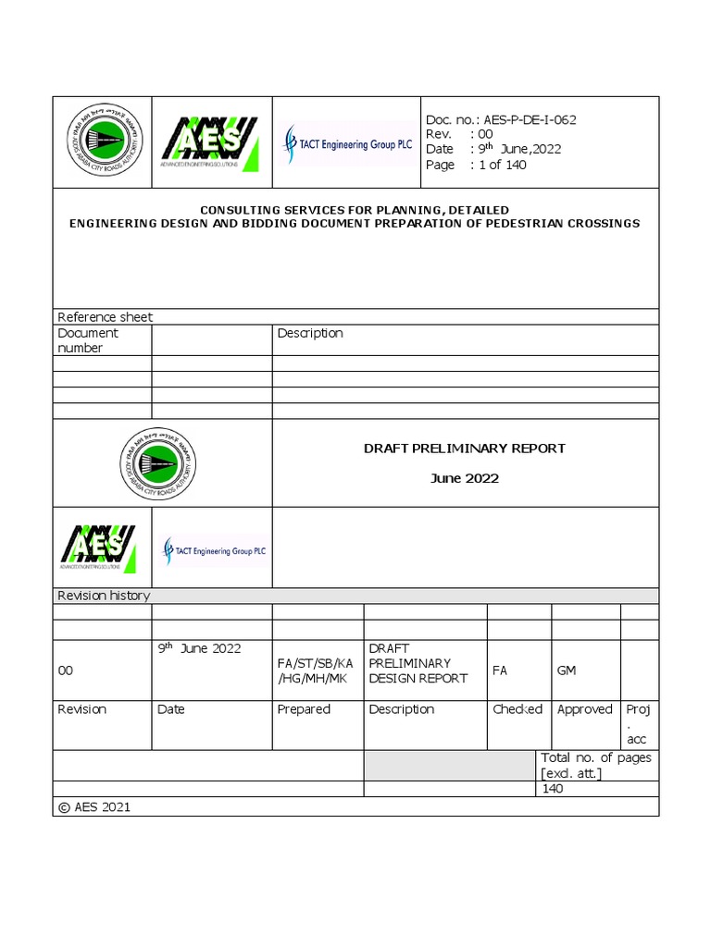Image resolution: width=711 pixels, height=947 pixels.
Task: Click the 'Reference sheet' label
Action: (x=105, y=317)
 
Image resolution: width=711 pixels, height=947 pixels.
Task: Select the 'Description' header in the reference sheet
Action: (x=310, y=333)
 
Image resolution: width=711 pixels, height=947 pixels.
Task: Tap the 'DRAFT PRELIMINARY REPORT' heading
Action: (x=464, y=449)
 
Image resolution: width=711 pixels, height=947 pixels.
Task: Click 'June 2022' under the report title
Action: (x=465, y=478)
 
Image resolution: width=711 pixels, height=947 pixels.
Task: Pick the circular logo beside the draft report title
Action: (x=158, y=462)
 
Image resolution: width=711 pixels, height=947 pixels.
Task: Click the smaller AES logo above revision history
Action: (x=98, y=547)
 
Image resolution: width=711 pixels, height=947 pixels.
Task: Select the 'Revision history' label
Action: (x=104, y=596)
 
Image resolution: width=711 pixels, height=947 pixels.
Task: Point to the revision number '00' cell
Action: (x=66, y=670)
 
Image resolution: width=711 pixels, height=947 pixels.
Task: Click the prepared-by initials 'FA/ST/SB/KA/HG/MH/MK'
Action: (x=315, y=670)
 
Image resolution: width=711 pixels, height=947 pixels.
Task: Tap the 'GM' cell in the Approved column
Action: (x=567, y=670)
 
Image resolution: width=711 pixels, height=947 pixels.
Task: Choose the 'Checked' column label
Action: (x=518, y=709)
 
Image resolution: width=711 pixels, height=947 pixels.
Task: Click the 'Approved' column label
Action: (x=584, y=709)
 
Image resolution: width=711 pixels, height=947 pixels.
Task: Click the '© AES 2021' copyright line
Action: (x=94, y=807)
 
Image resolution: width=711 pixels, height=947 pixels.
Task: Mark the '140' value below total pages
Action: (x=552, y=789)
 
